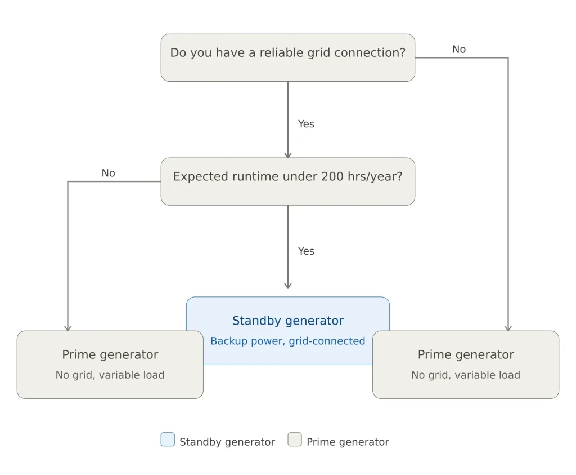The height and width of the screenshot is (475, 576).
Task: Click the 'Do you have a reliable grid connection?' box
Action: [x=287, y=57]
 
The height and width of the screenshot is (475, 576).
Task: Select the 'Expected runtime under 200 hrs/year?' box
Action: [x=287, y=181]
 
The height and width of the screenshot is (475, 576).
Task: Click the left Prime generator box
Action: [x=110, y=365]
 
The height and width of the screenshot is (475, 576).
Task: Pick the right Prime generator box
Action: [x=466, y=365]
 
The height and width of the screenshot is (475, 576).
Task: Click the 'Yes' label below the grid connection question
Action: [x=306, y=124]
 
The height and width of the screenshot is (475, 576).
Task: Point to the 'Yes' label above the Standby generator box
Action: [x=306, y=251]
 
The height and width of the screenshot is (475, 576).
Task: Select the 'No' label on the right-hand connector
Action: [x=459, y=50]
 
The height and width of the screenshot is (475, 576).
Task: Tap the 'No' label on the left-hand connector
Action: [x=108, y=174]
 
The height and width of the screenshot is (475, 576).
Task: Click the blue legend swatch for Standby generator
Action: [x=168, y=440]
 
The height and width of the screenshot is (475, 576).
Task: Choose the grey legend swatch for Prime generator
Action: [x=295, y=440]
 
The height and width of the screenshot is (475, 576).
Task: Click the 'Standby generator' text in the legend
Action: [x=227, y=442]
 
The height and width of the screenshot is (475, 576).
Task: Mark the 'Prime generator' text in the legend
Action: [x=348, y=442]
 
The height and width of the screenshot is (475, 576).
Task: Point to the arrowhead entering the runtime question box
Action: [x=288, y=154]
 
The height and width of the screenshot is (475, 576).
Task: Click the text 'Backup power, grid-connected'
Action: [x=287, y=341]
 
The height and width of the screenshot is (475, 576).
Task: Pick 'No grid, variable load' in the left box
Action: [x=110, y=375]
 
